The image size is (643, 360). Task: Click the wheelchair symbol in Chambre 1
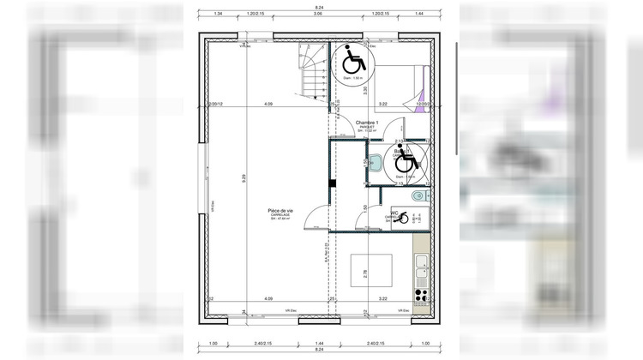point(352,62)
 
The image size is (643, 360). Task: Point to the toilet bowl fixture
point(417,197)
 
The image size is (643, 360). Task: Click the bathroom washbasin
point(375,162)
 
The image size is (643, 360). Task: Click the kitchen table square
point(372,273)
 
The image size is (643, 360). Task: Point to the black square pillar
point(331,183)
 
